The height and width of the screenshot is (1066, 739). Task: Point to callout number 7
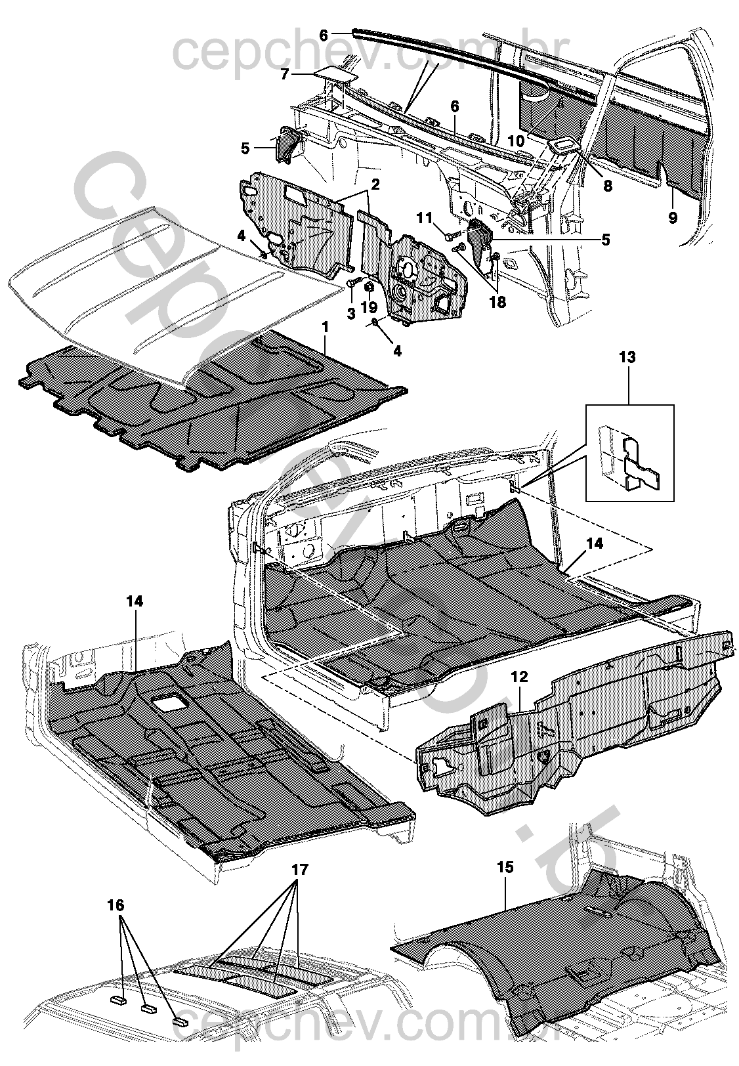coord(285,74)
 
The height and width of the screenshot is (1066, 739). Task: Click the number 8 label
coord(608,186)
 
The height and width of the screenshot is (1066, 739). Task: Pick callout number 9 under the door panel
coord(672,217)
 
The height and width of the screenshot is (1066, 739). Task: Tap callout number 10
coord(517,140)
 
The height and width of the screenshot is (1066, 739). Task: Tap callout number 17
coord(300,870)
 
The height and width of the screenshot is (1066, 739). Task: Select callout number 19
coord(369,307)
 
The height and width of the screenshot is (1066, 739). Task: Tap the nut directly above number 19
coord(369,287)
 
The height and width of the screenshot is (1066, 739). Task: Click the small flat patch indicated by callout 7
coord(335,74)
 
